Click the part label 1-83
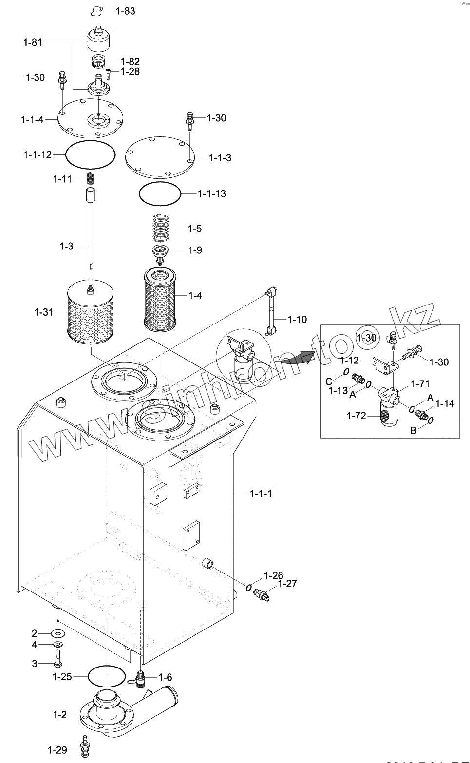[x=125, y=11]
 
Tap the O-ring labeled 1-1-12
[x=91, y=154]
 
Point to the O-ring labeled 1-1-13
[x=160, y=194]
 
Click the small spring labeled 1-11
[x=91, y=179]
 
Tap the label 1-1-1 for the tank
[x=261, y=494]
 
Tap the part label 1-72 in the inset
[x=356, y=416]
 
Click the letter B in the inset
[x=413, y=430]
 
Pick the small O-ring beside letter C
[x=345, y=372]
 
